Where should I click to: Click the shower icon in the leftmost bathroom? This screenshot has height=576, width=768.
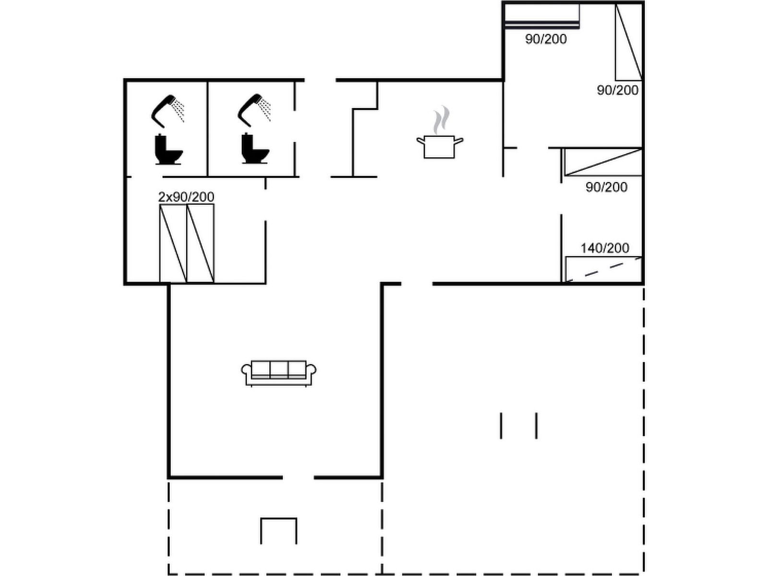click(x=167, y=111)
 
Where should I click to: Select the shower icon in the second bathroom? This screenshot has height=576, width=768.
click(x=253, y=110)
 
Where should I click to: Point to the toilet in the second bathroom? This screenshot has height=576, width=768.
click(x=255, y=148)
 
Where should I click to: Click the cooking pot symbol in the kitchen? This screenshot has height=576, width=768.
click(x=439, y=147)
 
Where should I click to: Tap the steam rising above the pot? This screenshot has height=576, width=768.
click(x=441, y=120)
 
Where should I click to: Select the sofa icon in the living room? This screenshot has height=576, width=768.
click(x=278, y=373)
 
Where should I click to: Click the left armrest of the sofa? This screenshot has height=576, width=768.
click(x=246, y=371)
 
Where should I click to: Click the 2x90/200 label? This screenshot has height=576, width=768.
click(x=186, y=197)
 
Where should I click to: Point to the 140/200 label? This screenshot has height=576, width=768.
click(x=605, y=248)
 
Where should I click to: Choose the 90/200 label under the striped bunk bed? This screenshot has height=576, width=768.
click(x=546, y=39)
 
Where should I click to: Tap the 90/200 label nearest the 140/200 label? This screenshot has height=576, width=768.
click(x=606, y=188)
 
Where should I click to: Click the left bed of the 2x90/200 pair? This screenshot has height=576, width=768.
click(x=173, y=243)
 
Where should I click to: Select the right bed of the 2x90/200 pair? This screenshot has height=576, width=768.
click(x=200, y=243)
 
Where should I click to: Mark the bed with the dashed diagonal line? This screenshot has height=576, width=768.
click(x=604, y=269)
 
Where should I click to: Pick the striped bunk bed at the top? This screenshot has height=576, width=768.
click(x=541, y=15)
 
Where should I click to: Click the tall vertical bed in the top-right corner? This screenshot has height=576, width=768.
click(x=629, y=42)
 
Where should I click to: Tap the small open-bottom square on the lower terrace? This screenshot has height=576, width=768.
click(x=278, y=531)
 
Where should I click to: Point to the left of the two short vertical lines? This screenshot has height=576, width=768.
click(x=501, y=426)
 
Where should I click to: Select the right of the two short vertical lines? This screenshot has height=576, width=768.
click(x=536, y=426)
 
